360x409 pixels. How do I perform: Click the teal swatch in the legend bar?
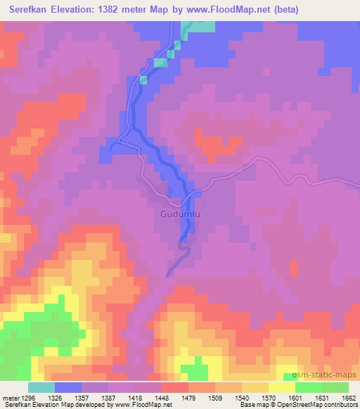coord(41,387)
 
